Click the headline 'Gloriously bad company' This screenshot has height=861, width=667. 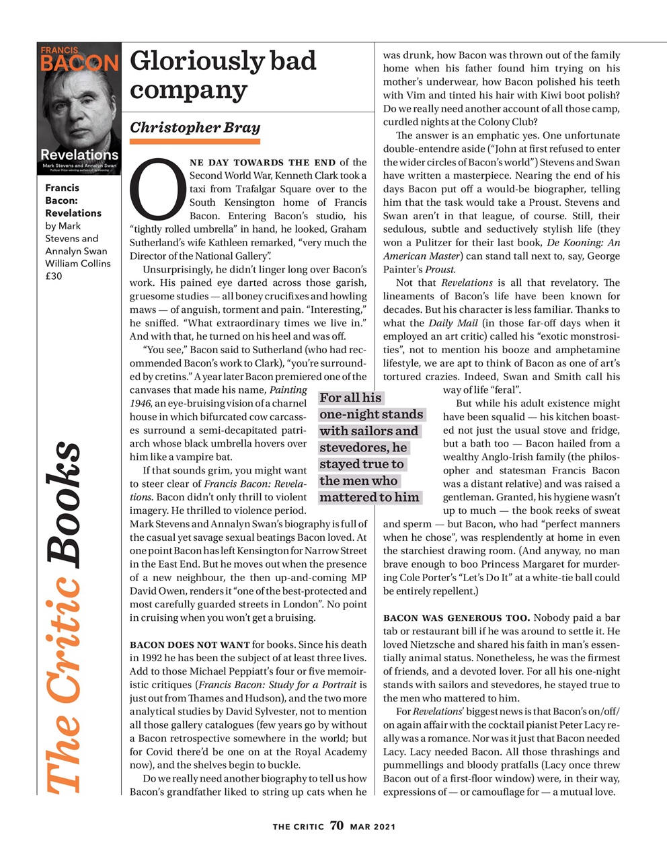point(223,75)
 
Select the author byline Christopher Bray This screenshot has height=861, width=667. point(194,127)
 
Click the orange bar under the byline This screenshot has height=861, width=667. point(194,141)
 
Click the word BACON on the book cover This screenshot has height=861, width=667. point(79,63)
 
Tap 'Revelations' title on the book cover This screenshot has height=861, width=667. point(79,155)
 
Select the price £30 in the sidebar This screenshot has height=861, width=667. point(54,276)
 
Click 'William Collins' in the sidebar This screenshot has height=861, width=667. point(77,263)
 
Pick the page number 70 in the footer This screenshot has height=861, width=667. point(337,826)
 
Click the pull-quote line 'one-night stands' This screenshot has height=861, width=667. point(371,414)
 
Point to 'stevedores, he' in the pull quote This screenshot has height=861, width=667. point(363,447)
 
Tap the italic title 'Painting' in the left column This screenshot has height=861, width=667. point(288,389)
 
